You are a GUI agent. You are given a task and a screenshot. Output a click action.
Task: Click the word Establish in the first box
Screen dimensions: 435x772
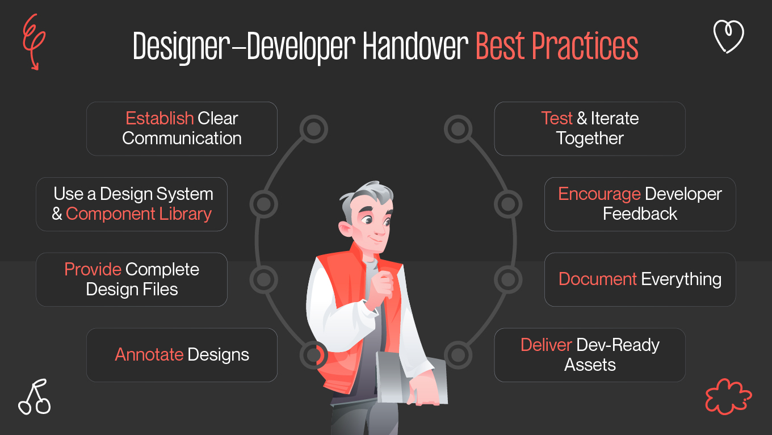pyautogui.click(x=160, y=118)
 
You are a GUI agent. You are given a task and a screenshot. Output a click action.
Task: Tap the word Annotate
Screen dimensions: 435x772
pyautogui.click(x=149, y=355)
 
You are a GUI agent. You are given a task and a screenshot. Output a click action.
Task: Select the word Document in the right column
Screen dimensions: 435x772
pyautogui.click(x=597, y=279)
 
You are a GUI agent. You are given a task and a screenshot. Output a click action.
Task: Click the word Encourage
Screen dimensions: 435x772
pyautogui.click(x=599, y=194)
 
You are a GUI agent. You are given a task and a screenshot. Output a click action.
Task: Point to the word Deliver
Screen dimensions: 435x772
pyautogui.click(x=546, y=345)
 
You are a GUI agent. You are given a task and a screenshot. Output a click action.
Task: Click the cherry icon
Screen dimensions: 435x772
pyautogui.click(x=35, y=397)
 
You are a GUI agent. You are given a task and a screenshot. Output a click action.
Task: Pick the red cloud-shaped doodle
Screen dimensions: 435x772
pyautogui.click(x=728, y=395)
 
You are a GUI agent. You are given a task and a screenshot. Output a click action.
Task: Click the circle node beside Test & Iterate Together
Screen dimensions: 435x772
pyautogui.click(x=458, y=129)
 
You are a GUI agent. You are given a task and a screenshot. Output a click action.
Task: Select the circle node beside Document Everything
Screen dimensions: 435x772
pyautogui.click(x=507, y=279)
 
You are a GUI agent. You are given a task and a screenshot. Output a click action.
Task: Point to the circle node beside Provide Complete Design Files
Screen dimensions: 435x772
pyautogui.click(x=263, y=279)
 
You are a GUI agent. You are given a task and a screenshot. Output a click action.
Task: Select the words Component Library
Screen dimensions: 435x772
pyautogui.click(x=139, y=214)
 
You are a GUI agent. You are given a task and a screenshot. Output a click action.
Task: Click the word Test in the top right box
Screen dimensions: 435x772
pyautogui.click(x=557, y=118)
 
